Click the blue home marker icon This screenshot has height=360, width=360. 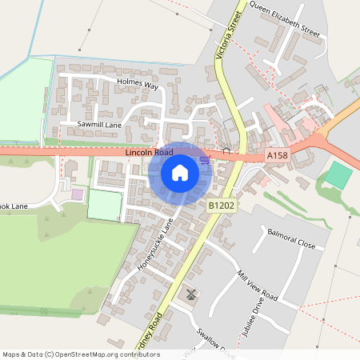click(x=179, y=172)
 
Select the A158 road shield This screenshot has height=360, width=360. click(x=277, y=154)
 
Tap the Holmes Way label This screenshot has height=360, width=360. click(x=138, y=82)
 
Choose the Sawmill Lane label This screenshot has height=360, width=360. click(x=99, y=125)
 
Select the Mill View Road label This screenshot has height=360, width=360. click(x=257, y=285)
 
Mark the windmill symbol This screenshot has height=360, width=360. click(x=190, y=294)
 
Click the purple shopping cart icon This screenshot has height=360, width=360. click(x=205, y=159)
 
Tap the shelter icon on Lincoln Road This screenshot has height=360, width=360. click(x=226, y=150)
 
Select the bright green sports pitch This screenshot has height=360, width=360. click(x=338, y=176)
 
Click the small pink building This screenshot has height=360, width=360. click(x=77, y=194)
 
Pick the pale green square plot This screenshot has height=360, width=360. click(x=104, y=205)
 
